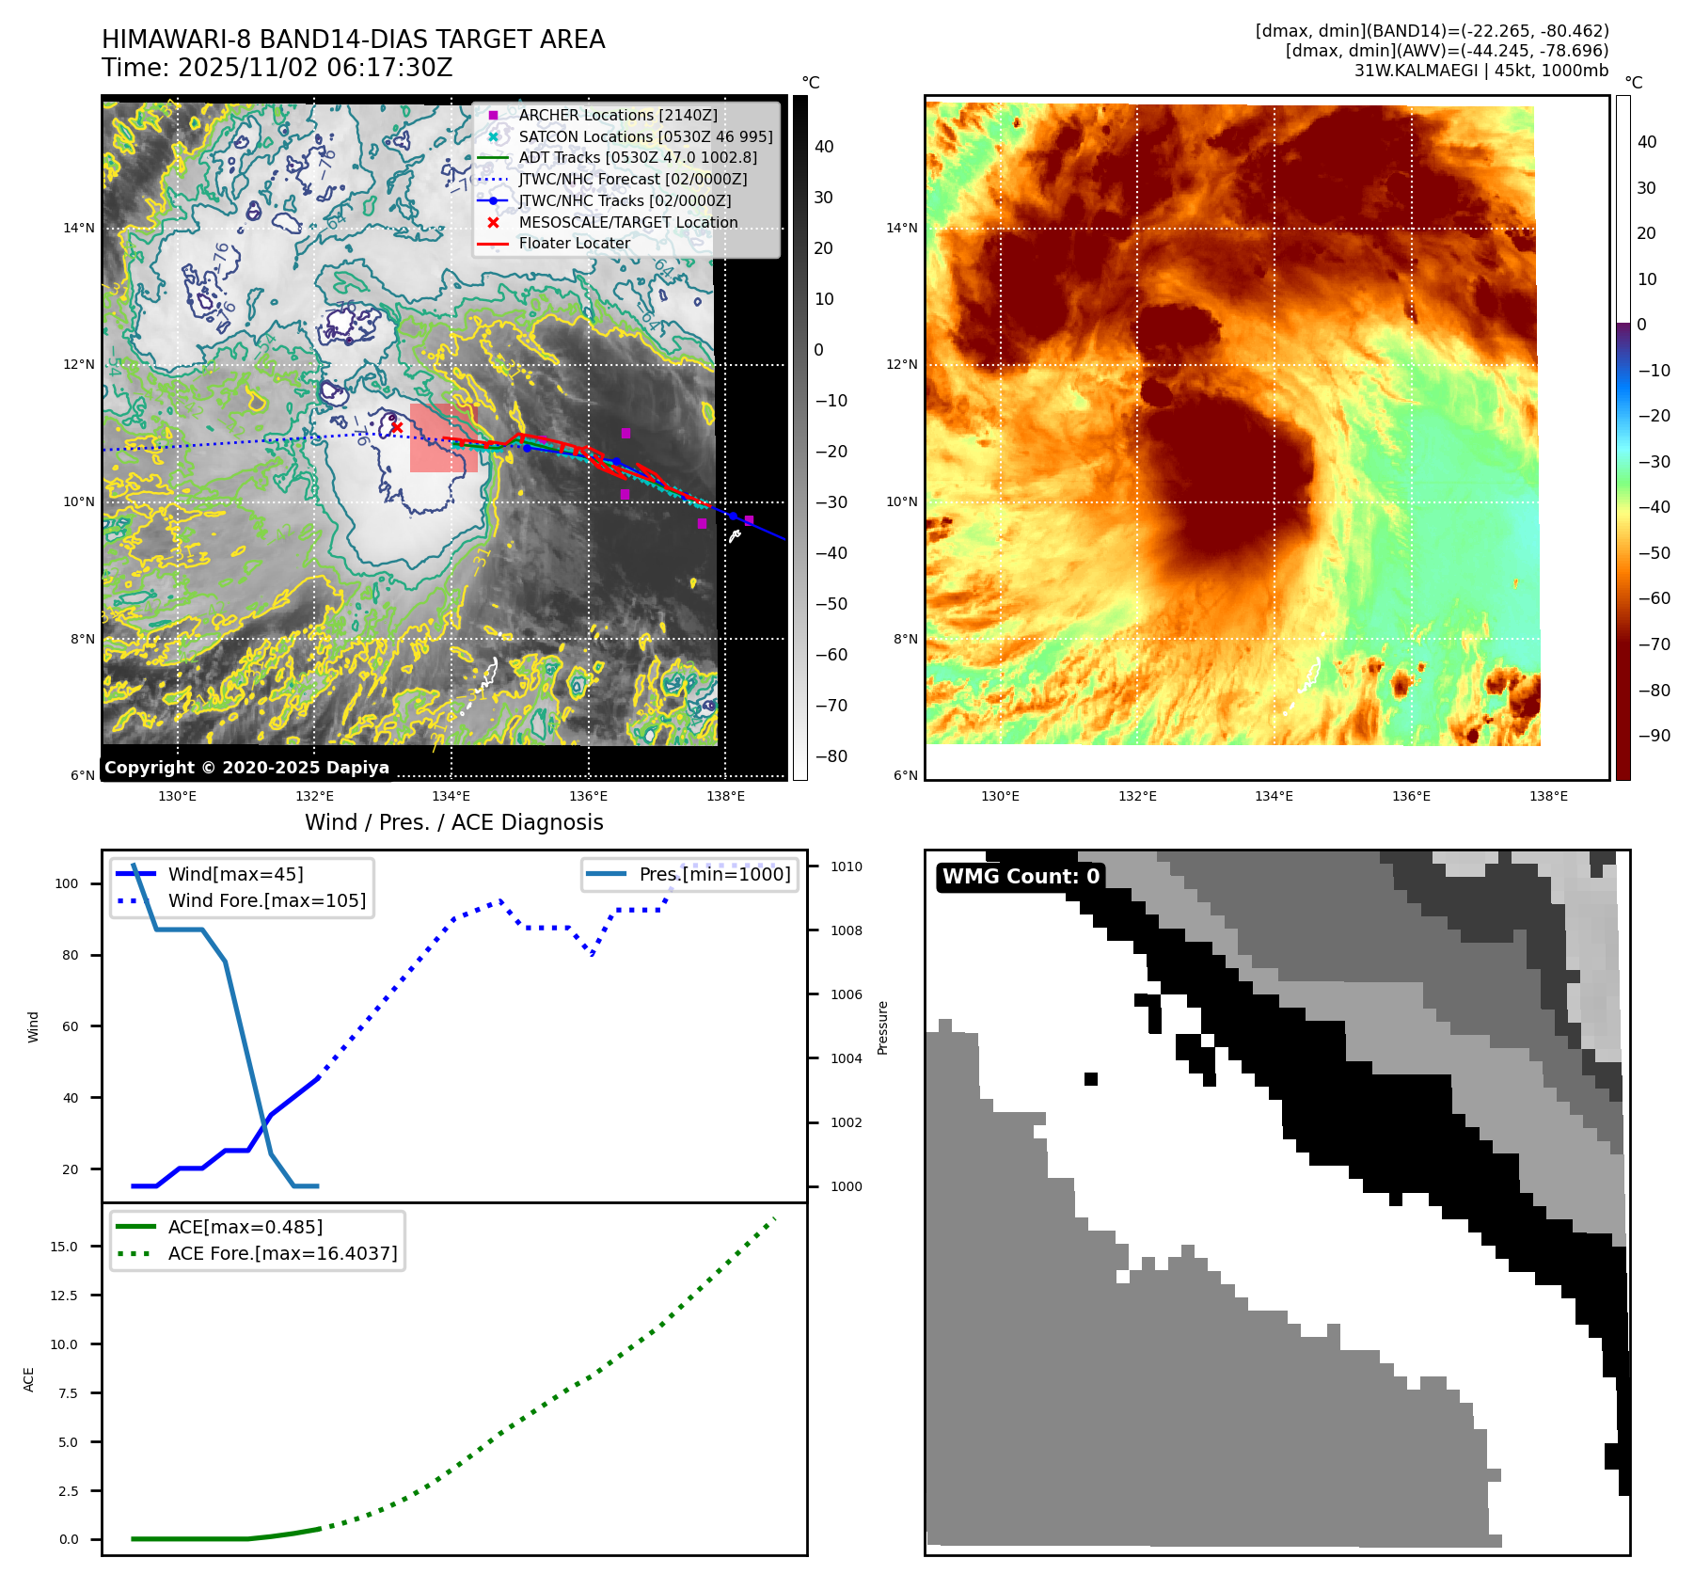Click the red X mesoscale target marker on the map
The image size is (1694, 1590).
397,427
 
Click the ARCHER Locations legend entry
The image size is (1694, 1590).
617,115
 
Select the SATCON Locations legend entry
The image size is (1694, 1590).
645,136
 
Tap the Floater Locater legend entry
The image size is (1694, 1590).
574,243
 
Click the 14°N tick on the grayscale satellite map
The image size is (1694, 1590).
79,228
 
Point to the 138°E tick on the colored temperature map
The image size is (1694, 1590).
1548,796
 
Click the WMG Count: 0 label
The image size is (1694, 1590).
1021,877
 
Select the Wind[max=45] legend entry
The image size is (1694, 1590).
235,874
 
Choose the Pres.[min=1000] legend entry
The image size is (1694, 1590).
714,874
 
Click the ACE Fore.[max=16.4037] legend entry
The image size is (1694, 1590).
282,1253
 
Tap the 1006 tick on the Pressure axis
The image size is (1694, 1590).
846,994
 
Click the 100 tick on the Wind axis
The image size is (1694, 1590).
67,883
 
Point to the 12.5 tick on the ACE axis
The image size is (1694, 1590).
64,1296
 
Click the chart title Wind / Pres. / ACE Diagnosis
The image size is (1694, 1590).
453,822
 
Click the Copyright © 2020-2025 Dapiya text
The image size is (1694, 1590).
246,768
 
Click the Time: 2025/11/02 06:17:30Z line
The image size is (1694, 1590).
277,68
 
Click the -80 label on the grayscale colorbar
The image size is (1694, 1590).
831,756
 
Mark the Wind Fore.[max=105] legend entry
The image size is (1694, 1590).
266,900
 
